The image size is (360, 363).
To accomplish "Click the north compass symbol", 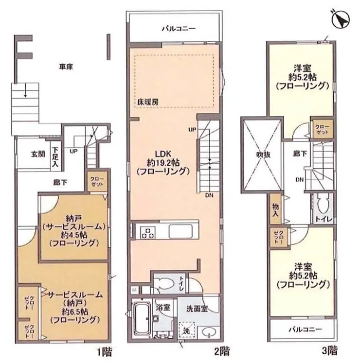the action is tap(341, 20).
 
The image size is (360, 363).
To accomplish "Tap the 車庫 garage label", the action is tap(66, 67).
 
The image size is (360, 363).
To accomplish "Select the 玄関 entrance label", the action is tap(38, 154).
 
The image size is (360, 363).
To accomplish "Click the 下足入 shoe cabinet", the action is tap(55, 157).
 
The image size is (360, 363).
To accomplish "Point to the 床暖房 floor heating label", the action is tap(147, 103).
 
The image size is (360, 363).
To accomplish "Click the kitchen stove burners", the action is tap(148, 233).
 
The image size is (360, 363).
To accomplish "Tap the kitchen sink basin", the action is tap(180, 231).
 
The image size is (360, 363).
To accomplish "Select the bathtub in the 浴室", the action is tap(142, 319).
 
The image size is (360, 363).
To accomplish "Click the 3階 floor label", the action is tap(329, 350).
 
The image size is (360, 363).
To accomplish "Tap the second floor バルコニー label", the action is tap(179, 29).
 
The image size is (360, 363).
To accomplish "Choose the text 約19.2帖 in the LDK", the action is tap(163, 163).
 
